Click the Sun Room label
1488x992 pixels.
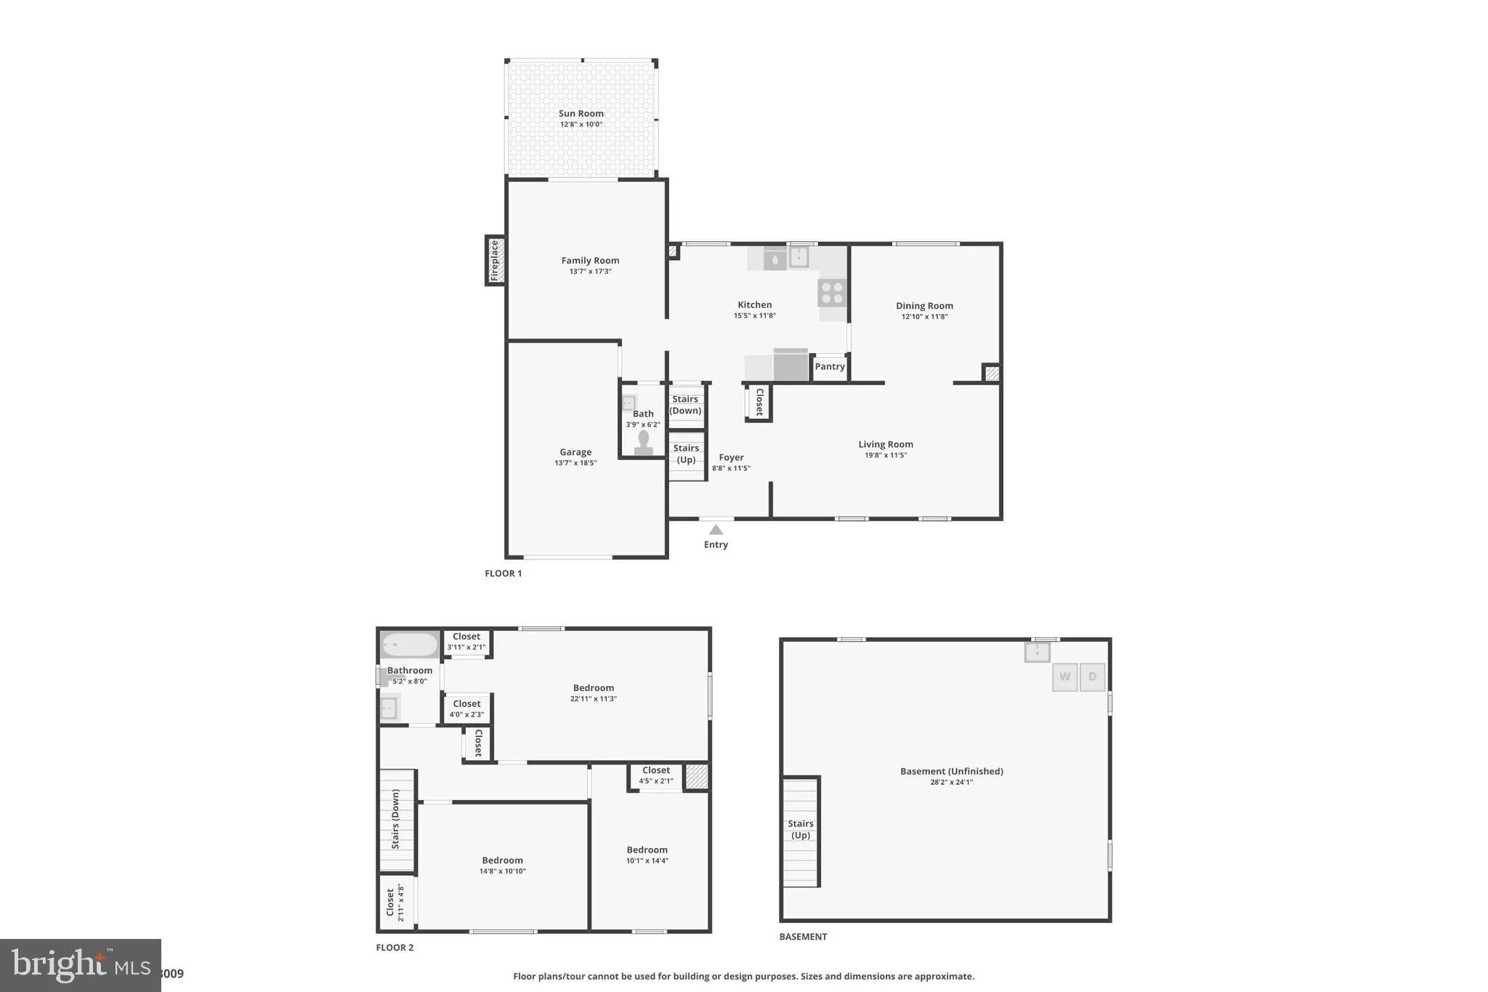point(581,113)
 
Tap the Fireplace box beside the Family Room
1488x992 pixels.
point(496,260)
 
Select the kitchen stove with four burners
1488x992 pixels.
point(832,293)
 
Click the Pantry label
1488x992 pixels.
point(830,366)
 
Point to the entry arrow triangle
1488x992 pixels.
point(716,530)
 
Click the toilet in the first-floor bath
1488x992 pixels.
point(643,443)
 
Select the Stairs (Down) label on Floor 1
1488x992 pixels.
point(685,405)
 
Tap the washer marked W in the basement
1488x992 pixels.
point(1064,677)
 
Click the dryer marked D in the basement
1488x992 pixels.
point(1092,677)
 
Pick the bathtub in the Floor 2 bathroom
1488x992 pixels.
point(410,645)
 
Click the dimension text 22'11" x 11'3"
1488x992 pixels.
point(593,698)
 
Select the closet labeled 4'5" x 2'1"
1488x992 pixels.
point(655,775)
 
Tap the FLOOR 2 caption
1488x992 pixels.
point(395,948)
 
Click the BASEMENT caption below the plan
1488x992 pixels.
point(803,937)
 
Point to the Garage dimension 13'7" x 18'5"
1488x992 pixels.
point(575,463)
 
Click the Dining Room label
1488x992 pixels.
point(924,306)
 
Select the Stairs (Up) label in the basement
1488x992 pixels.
point(800,829)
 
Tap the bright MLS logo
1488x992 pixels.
point(81,965)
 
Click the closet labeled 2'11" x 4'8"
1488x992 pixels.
point(395,902)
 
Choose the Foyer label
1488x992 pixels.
point(731,457)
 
